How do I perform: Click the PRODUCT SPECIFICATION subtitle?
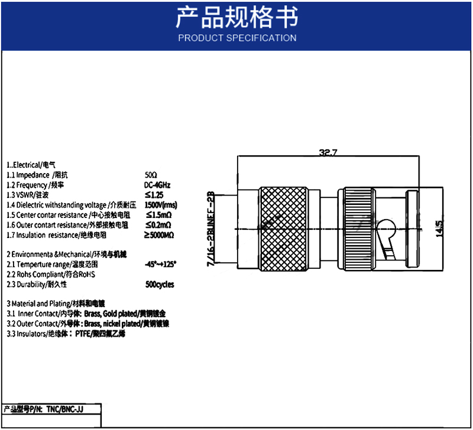(237, 38)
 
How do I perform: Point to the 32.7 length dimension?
(328, 153)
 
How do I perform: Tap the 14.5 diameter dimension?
(439, 229)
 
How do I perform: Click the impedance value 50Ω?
(151, 175)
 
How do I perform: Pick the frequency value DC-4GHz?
(157, 185)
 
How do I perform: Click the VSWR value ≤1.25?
(154, 195)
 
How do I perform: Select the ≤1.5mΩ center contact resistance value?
(158, 215)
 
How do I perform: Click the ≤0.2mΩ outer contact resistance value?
(158, 225)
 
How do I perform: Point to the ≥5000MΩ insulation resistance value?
(160, 235)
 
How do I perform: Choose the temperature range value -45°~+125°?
(160, 264)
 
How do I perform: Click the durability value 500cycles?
(160, 284)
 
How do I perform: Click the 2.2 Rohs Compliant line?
(51, 274)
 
